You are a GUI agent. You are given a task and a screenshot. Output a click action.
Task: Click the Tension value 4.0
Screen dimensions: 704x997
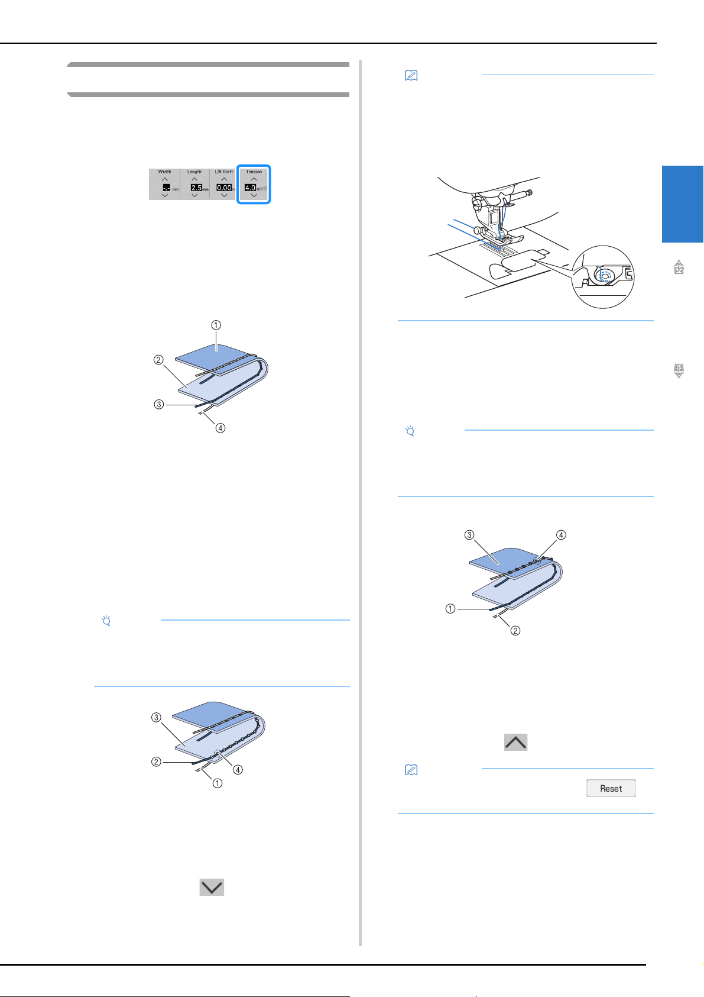[251, 188]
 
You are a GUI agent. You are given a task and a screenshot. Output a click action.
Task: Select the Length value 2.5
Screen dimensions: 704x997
[196, 188]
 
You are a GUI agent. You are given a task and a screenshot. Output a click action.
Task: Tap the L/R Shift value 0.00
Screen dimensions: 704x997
[224, 188]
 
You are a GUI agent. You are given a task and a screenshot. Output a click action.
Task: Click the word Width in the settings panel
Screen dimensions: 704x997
[165, 172]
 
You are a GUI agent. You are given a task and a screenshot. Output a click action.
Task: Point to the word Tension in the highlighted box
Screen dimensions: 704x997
[254, 172]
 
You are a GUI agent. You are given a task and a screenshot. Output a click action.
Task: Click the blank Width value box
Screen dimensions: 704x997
[166, 188]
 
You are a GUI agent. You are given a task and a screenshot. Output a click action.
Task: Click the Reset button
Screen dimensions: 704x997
[611, 788]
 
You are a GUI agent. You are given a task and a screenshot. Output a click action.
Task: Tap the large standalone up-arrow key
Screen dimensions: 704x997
[515, 742]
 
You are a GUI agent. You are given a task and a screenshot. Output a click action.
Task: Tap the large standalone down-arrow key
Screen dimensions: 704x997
[212, 887]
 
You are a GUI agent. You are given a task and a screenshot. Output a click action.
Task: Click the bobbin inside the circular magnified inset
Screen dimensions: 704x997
[605, 276]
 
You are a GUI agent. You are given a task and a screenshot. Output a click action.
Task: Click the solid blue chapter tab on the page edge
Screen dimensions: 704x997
[682, 204]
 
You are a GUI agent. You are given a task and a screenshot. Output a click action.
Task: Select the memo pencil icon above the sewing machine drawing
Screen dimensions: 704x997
[411, 76]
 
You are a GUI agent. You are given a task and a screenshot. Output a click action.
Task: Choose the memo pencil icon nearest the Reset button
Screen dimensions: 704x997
[411, 770]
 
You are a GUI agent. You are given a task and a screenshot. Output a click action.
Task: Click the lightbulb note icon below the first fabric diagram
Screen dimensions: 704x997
[106, 621]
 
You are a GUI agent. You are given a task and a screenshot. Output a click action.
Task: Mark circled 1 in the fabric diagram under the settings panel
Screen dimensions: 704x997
[216, 325]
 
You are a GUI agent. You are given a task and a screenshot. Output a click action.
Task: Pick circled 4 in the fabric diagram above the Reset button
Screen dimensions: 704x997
[561, 535]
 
